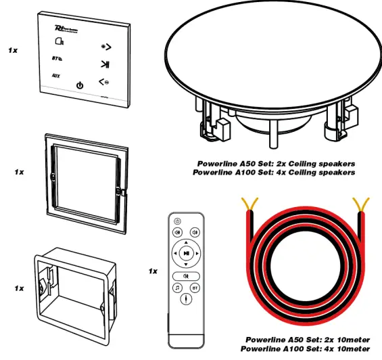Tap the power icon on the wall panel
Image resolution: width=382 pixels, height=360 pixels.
80,85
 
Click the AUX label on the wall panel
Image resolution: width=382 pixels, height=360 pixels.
56,76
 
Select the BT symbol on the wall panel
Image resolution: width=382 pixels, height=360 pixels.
57,58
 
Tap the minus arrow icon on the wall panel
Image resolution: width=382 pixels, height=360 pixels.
104,83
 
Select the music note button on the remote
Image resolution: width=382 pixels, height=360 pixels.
176,288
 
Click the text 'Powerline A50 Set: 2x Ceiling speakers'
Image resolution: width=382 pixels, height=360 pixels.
276,164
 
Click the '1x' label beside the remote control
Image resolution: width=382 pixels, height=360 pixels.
153,271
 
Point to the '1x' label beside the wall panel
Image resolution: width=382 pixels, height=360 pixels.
13,50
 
